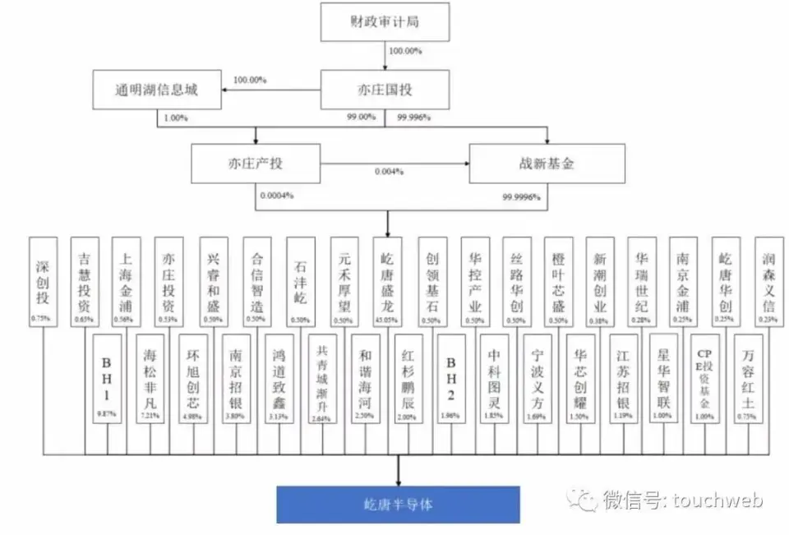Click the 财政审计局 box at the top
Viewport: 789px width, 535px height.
(385, 22)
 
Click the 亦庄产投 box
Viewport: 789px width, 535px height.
(255, 164)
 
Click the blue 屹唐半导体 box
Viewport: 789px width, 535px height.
(398, 505)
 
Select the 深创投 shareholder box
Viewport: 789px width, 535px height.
(43, 279)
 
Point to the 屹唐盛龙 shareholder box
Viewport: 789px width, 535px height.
(388, 279)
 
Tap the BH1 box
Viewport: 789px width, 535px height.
(107, 376)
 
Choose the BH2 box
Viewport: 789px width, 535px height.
(450, 376)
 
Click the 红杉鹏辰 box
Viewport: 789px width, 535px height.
(408, 376)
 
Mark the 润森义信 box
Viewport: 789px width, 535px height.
(768, 279)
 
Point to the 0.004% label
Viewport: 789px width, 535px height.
(389, 172)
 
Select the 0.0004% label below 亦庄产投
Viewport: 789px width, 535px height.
(277, 196)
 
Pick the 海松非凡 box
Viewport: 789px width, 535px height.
(150, 376)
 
